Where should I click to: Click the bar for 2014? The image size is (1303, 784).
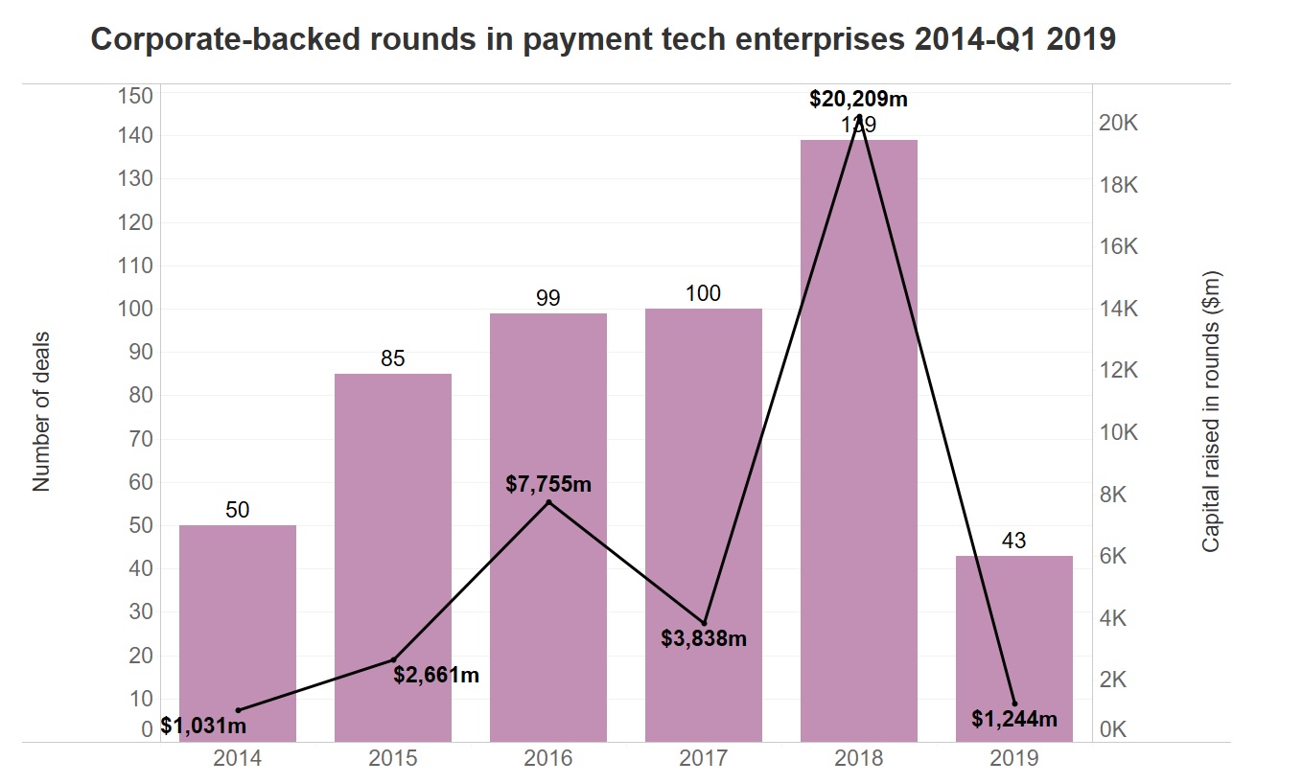[238, 633]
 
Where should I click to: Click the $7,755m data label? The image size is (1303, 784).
[548, 484]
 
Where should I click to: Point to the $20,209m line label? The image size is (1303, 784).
[858, 98]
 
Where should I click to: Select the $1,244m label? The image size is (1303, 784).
[1013, 719]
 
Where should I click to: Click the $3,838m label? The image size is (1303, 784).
[704, 637]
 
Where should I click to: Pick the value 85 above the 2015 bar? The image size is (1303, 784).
[393, 359]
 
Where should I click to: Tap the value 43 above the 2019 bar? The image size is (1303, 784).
[1014, 542]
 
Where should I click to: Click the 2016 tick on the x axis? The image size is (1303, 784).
[548, 759]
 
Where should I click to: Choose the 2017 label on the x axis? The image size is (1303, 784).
[704, 759]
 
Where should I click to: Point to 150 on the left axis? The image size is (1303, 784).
[135, 96]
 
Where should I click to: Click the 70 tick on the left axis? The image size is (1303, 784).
[141, 439]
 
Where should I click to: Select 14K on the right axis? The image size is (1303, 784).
[1118, 310]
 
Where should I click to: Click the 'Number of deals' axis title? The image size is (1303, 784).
[41, 412]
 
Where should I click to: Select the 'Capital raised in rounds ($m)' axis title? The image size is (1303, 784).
[1211, 410]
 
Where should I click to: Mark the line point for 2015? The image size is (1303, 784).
[393, 659]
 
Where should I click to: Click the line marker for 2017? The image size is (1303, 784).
[704, 623]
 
